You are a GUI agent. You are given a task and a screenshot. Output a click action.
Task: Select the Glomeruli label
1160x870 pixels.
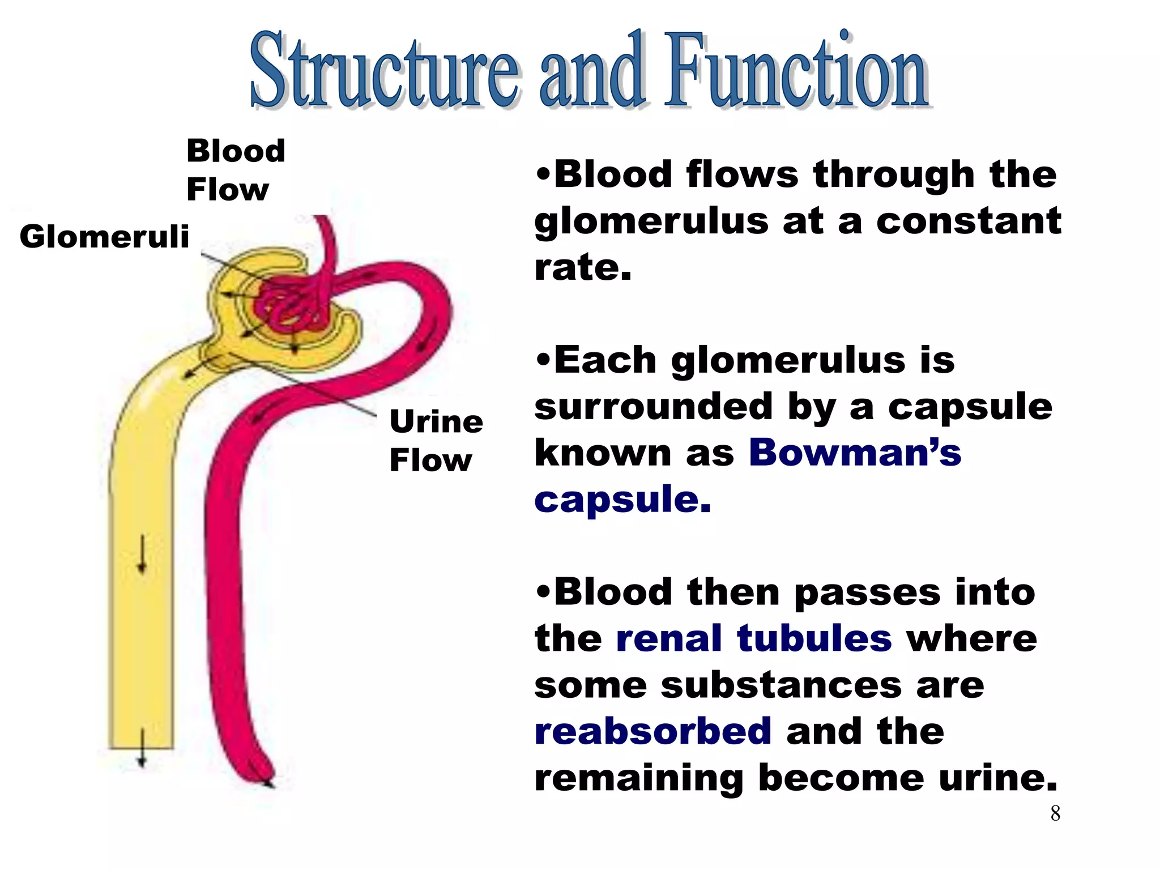tap(104, 236)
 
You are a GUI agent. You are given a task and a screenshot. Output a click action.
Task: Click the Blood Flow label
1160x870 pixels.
tap(235, 169)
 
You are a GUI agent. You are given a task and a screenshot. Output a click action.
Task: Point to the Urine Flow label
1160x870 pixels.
tap(436, 440)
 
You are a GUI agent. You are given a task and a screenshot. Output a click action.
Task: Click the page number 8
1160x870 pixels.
tap(1055, 813)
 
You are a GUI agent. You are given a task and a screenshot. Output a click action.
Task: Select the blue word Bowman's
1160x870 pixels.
tap(855, 453)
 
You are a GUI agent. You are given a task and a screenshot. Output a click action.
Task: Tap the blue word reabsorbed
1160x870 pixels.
tap(652, 731)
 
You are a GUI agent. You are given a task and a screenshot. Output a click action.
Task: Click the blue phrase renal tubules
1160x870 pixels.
tap(753, 638)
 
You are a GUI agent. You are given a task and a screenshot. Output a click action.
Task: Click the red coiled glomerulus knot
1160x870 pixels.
tap(289, 309)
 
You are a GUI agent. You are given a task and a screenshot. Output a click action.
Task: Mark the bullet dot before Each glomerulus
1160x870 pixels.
tap(543, 360)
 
